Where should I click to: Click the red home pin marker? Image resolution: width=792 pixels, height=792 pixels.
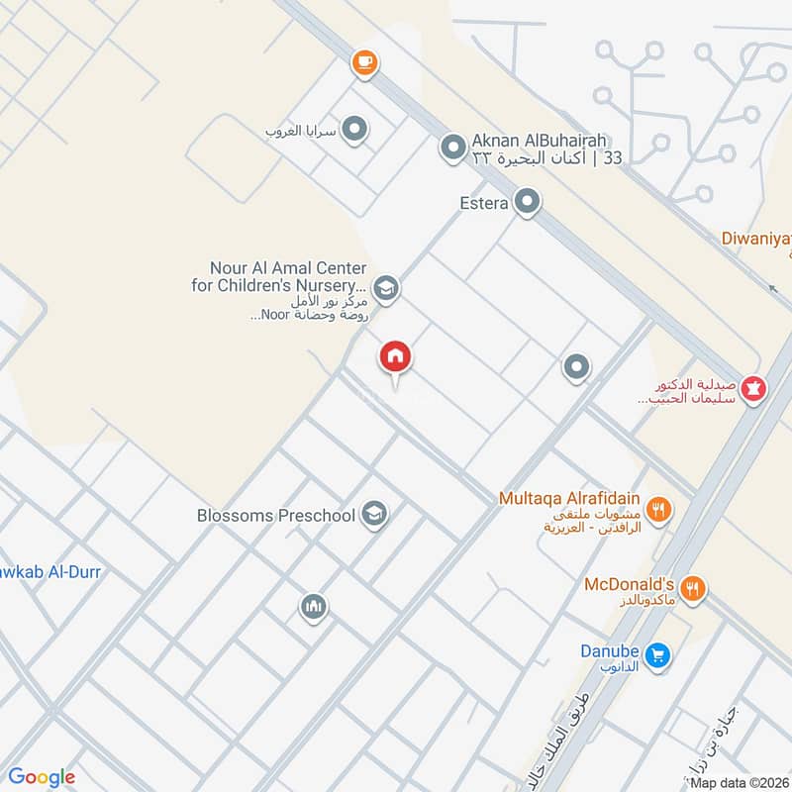coord(395,356)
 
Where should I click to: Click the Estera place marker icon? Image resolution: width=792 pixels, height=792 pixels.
coord(528,203)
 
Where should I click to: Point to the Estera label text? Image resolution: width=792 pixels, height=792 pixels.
coord(484,204)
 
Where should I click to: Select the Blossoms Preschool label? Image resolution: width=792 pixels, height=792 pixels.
coord(277,515)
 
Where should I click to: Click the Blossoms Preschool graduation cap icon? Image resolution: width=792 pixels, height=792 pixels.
coord(374,514)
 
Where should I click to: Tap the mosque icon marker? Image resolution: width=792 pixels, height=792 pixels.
coord(314,606)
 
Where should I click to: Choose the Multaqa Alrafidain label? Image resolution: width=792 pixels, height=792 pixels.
coord(569,498)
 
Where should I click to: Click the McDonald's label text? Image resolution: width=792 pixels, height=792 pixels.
coord(629,584)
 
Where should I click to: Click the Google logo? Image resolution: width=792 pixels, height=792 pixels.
coord(43,778)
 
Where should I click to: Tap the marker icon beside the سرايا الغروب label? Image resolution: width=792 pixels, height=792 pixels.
coord(354,130)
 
